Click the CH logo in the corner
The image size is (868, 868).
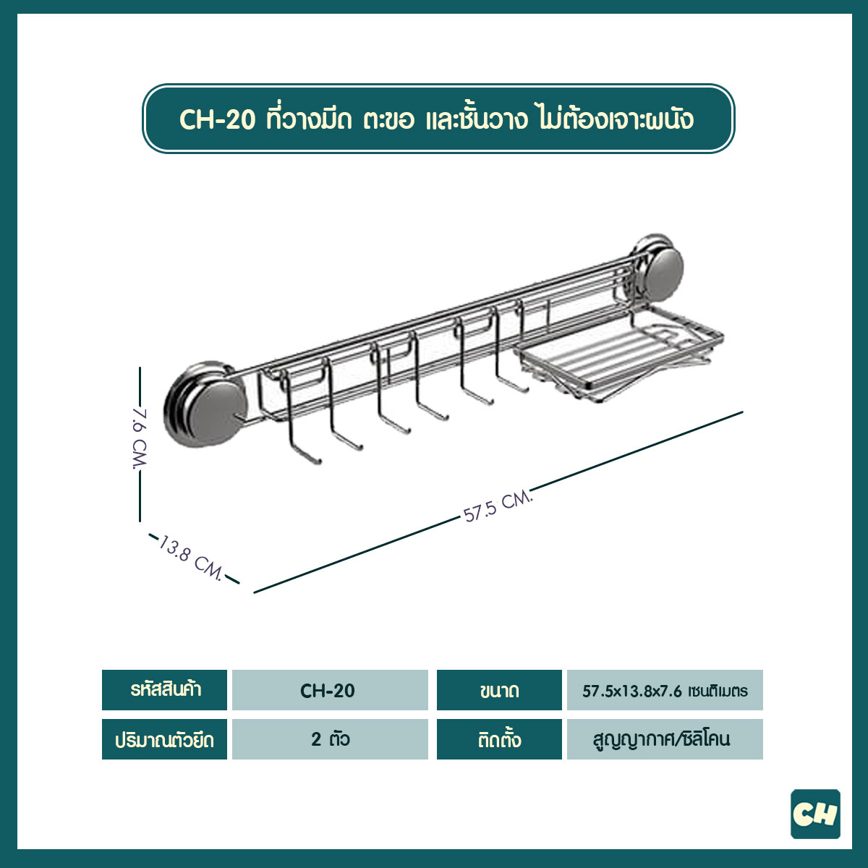click(815, 814)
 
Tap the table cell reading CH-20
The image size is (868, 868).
click(328, 690)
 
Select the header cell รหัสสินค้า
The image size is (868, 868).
click(165, 690)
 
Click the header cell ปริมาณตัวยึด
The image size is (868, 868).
click(165, 739)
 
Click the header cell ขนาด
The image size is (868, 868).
click(499, 690)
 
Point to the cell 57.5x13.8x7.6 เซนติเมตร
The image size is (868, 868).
click(665, 690)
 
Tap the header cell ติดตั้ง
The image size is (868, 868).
click(499, 739)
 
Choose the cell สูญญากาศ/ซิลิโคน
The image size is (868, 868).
click(665, 739)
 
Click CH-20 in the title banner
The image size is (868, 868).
click(217, 119)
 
